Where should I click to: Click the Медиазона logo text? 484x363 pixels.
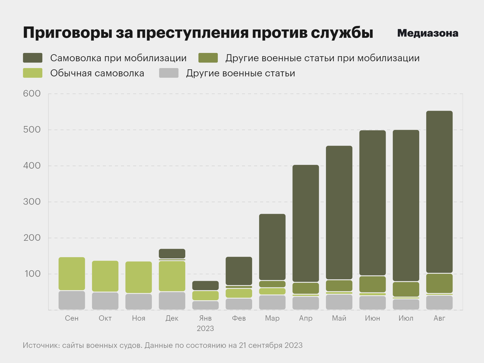point(428,33)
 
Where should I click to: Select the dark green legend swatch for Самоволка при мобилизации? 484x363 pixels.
point(33,58)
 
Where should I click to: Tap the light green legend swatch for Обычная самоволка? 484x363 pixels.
point(33,73)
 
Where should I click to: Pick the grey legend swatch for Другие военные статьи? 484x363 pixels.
point(169,73)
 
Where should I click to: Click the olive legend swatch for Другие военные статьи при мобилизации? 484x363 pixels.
point(208,58)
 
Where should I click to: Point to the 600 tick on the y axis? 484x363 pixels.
point(32,94)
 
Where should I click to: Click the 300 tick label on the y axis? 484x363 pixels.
point(32,202)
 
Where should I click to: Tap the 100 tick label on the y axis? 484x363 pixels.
point(32,274)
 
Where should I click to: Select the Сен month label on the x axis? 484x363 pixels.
point(72,318)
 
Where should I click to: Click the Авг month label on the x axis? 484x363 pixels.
point(439,318)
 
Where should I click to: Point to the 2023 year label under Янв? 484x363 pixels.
point(205,328)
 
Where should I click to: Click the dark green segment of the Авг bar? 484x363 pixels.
point(439,192)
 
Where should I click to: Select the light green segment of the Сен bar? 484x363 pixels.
point(72,274)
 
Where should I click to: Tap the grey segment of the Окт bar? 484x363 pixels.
point(105,301)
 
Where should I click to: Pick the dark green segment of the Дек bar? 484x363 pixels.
point(172,253)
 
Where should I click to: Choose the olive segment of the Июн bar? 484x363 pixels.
point(372,284)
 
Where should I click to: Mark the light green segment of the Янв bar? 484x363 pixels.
point(205,295)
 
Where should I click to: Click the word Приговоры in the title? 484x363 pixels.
point(68,33)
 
